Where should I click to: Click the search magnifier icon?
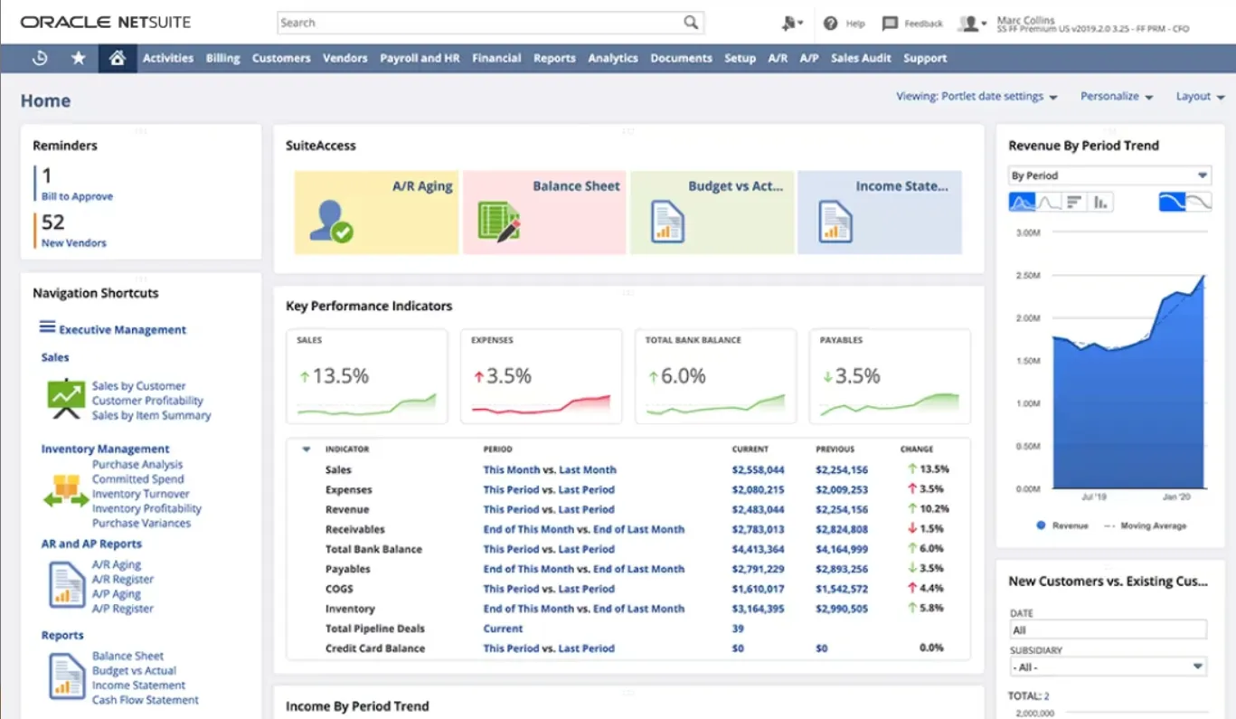point(691,23)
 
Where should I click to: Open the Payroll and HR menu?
point(420,58)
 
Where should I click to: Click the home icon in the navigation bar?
point(117,58)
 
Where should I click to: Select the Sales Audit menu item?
point(861,58)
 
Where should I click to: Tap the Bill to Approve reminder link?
point(77,196)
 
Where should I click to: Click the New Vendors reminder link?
point(73,242)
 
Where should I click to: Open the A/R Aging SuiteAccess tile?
point(376,212)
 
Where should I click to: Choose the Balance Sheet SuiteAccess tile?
point(544,212)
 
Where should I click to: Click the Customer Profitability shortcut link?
point(147,401)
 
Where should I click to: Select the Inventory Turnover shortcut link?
point(140,494)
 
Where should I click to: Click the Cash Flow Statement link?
point(146,700)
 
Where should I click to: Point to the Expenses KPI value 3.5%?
point(508,376)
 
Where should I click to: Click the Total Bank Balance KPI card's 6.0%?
point(683,376)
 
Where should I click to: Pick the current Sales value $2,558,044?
point(758,469)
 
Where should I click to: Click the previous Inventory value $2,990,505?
point(841,609)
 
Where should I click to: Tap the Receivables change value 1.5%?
point(931,529)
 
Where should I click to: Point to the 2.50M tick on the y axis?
point(1029,275)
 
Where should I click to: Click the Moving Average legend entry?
point(1153,525)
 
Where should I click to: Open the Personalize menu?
point(1117,97)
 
